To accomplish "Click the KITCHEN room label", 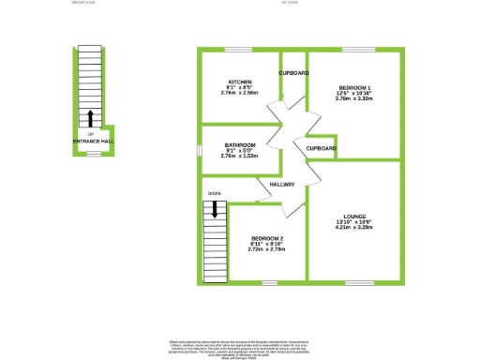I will tap(239, 82).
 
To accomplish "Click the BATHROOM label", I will tap(239, 144).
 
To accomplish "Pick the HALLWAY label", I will tap(282, 184).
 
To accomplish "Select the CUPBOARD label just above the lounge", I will tap(322, 147).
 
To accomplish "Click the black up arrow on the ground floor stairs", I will tap(90, 117).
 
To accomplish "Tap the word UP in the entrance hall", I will tap(90, 134).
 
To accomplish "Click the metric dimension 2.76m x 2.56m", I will tap(239, 94).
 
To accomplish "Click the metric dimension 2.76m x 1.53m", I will tap(239, 156).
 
